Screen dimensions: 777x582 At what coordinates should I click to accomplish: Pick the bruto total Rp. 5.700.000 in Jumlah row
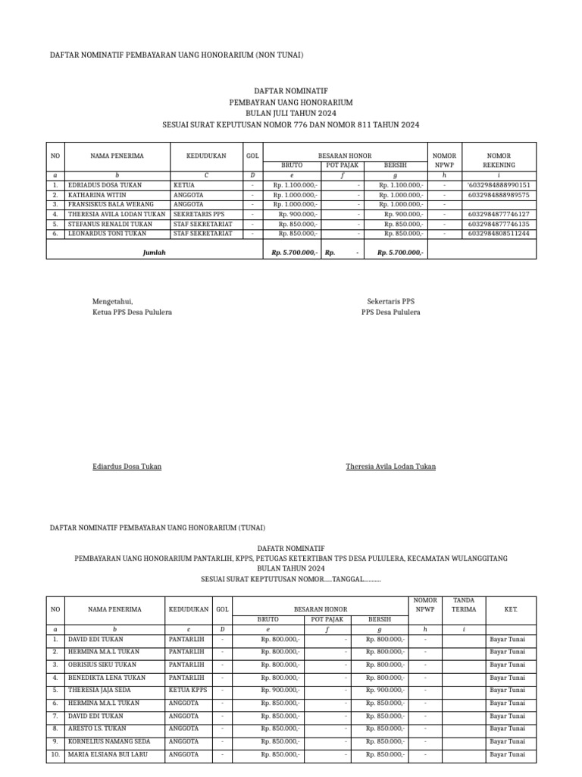[x=293, y=253]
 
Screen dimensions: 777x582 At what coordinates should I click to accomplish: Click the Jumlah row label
[x=154, y=253]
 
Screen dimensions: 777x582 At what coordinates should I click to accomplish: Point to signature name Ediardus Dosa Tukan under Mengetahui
[x=127, y=467]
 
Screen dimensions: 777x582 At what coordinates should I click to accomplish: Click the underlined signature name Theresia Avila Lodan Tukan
[x=390, y=467]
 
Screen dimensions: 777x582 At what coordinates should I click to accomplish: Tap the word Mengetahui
[x=112, y=301]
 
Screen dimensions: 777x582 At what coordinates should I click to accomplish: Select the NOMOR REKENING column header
[x=499, y=160]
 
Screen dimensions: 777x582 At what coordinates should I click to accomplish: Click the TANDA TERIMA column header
[x=464, y=604]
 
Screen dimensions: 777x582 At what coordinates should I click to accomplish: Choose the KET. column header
[x=510, y=609]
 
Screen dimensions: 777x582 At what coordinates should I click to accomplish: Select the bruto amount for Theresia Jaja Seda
[x=280, y=690]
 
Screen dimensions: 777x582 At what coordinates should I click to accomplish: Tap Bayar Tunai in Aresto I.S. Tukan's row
[x=507, y=728]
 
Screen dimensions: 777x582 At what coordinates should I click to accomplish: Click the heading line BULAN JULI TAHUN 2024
[x=291, y=112]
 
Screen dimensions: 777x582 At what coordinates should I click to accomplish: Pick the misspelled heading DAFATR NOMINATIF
[x=291, y=547]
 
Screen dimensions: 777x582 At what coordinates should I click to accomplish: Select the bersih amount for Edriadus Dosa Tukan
[x=402, y=185]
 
